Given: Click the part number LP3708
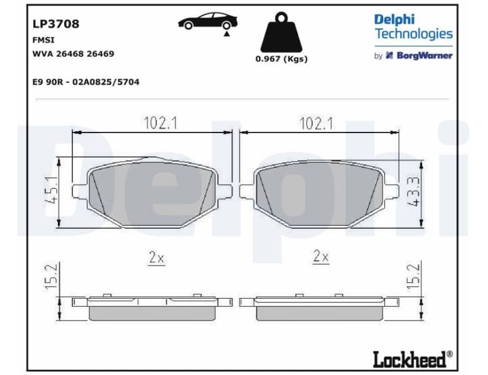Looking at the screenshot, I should pyautogui.click(x=56, y=24).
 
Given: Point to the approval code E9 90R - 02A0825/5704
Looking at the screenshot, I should pyautogui.click(x=85, y=82).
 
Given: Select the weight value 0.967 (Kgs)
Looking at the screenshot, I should pyautogui.click(x=281, y=59).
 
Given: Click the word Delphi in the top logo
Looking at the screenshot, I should pyautogui.click(x=394, y=19).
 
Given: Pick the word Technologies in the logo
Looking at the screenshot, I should pyautogui.click(x=413, y=34).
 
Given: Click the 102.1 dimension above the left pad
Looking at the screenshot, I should pyautogui.click(x=160, y=124).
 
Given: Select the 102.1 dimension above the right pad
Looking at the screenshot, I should pyautogui.click(x=316, y=124).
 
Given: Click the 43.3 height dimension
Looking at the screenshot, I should pyautogui.click(x=414, y=193).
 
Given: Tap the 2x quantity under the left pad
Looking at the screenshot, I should pyautogui.click(x=156, y=257).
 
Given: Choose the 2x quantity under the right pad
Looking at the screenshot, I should pyautogui.click(x=321, y=256).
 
